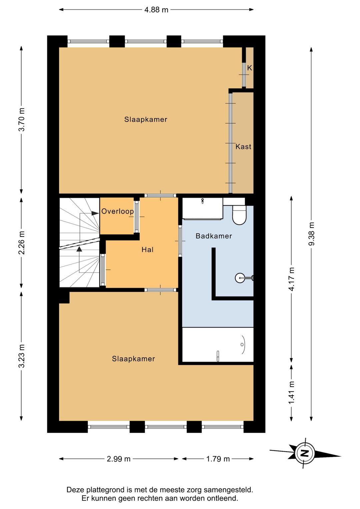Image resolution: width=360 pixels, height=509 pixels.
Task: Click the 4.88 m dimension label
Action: pyautogui.click(x=156, y=10)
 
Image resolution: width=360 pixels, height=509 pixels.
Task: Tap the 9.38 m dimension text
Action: pyautogui.click(x=311, y=233)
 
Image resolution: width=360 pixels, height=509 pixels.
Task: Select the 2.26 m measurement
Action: pyautogui.click(x=22, y=242)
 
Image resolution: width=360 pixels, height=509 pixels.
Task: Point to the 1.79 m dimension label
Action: pyautogui.click(x=218, y=459)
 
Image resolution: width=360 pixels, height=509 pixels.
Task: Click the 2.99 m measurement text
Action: pyautogui.click(x=119, y=459)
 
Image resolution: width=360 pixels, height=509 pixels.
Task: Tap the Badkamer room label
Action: pyautogui.click(x=214, y=236)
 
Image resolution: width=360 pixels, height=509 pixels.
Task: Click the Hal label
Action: pyautogui.click(x=147, y=250)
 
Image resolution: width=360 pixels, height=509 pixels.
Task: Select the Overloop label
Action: pyautogui.click(x=117, y=211)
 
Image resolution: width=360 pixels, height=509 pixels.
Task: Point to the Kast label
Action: pyautogui.click(x=243, y=146)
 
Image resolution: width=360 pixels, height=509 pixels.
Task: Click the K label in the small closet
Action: pyautogui.click(x=249, y=68)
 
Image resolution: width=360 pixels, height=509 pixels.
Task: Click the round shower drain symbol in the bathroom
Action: pyautogui.click(x=240, y=278)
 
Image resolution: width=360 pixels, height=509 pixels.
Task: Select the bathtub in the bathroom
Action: pyautogui.click(x=218, y=344)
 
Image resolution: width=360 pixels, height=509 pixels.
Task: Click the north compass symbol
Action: pyautogui.click(x=305, y=453)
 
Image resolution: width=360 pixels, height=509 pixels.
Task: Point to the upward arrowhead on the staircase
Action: pyautogui.click(x=79, y=249)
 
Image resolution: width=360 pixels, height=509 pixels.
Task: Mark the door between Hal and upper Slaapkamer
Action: pyautogui.click(x=160, y=195)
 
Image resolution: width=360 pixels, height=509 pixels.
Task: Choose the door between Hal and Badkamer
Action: pyautogui.click(x=180, y=241)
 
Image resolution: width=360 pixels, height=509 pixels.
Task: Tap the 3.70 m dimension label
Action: pyautogui.click(x=22, y=120)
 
